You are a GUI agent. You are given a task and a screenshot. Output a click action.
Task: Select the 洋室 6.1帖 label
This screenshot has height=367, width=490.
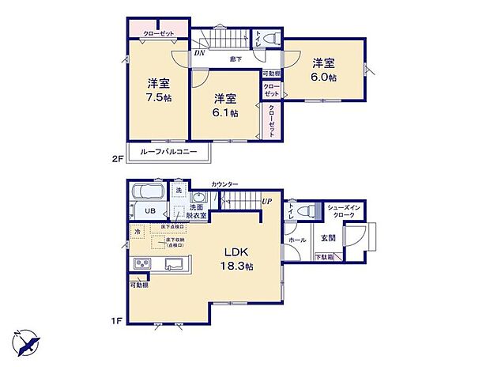(x=225, y=105)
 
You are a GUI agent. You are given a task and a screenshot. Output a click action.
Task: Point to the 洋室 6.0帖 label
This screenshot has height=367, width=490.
(x=323, y=70)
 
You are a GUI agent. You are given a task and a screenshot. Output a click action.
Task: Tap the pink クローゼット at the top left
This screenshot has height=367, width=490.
(x=158, y=33)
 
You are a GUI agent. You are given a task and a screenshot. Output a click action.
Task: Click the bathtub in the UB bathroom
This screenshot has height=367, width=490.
(x=148, y=194)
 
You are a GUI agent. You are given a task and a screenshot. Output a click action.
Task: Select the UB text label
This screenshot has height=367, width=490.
(x=149, y=210)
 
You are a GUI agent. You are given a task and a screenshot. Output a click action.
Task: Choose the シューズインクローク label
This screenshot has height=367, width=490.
(x=344, y=210)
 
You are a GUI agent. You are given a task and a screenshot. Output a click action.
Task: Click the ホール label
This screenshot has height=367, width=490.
(x=297, y=240)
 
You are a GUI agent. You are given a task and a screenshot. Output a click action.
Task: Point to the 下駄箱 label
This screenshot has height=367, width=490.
(x=324, y=257)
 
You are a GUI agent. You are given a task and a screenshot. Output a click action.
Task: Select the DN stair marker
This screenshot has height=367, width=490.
(x=199, y=54)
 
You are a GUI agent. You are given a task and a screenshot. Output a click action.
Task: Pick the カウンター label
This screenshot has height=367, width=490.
(x=225, y=184)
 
